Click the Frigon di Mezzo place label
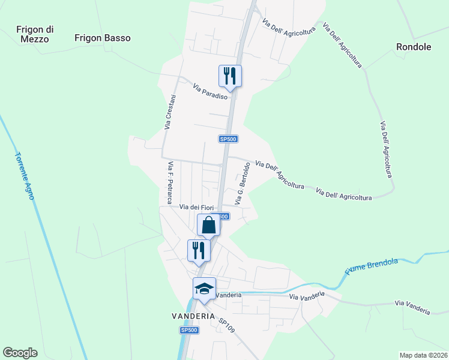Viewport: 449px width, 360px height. [36, 34]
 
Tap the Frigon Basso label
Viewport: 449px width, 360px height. [103, 38]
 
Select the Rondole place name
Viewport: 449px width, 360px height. [414, 46]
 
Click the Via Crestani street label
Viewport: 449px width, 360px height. [170, 112]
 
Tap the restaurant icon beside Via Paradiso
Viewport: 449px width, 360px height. [230, 76]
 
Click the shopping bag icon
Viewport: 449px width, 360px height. [209, 226]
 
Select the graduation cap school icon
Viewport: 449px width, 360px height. [204, 289]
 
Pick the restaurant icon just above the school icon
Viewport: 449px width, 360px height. [199, 250]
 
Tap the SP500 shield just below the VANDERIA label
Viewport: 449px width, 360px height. [189, 330]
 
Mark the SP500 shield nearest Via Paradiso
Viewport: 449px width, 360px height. [229, 139]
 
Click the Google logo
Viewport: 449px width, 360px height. [20, 353]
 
